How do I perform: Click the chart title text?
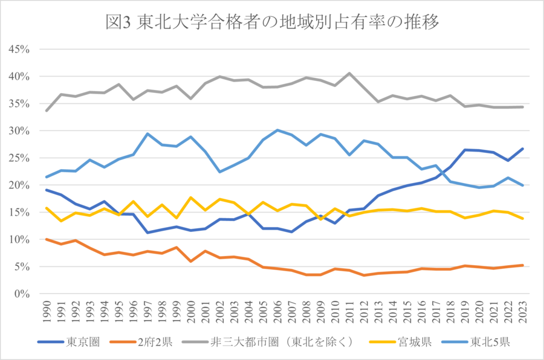click(x=271, y=22)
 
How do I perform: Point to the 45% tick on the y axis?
click(x=20, y=49)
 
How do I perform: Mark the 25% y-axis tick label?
click(x=20, y=158)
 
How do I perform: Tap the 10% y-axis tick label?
click(x=20, y=239)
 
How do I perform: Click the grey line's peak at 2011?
click(x=349, y=73)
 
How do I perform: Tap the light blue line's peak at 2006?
click(x=277, y=130)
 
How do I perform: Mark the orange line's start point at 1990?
click(x=47, y=239)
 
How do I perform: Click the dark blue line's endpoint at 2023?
click(x=523, y=149)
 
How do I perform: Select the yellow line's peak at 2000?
click(x=191, y=198)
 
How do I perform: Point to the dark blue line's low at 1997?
click(x=147, y=233)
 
